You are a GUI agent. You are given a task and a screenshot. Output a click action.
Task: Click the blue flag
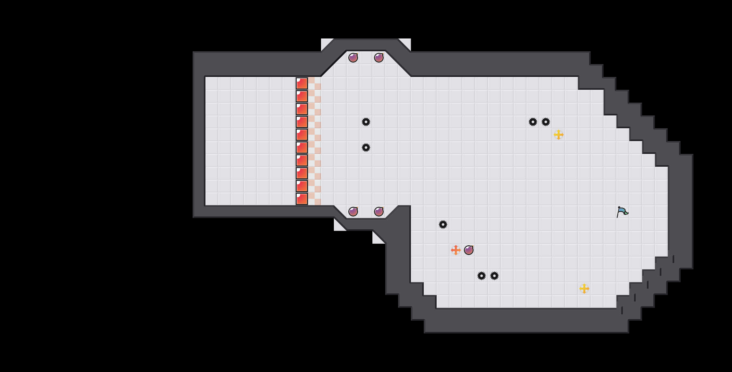coord(622,212)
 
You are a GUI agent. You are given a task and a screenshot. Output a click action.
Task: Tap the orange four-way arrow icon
coord(456,250)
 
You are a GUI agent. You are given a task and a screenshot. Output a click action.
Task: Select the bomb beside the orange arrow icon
coord(469,250)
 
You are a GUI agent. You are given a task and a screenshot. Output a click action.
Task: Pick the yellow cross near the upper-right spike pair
coord(559,135)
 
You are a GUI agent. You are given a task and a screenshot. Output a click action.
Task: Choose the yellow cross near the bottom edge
coord(584,289)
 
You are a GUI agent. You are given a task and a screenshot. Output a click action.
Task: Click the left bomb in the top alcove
coord(353,58)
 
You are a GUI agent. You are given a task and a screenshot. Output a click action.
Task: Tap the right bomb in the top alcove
coord(379,58)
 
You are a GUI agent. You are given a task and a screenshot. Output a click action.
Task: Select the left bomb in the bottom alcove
coord(353,212)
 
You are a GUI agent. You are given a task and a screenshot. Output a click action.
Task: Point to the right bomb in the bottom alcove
coord(379,212)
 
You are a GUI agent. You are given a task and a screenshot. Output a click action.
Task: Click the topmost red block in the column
coord(302,83)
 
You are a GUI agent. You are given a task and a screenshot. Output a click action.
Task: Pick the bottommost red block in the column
coord(302,199)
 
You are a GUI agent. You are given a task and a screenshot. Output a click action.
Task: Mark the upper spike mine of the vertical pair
coord(366,122)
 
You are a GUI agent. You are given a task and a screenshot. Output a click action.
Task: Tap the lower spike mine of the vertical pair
coord(366,148)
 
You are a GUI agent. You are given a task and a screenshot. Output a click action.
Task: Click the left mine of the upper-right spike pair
coord(533,122)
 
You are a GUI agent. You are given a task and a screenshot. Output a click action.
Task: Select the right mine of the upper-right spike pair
coord(546,122)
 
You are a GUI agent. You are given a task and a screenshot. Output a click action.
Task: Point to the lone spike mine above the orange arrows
coord(443,224)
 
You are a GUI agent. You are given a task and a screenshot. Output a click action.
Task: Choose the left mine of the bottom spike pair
coord(482,276)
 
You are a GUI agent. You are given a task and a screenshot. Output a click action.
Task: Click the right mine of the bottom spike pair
coord(494,276)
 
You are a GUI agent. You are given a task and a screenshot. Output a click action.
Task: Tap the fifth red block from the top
coord(302,135)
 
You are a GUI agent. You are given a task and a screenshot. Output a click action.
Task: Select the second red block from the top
coord(302,96)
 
